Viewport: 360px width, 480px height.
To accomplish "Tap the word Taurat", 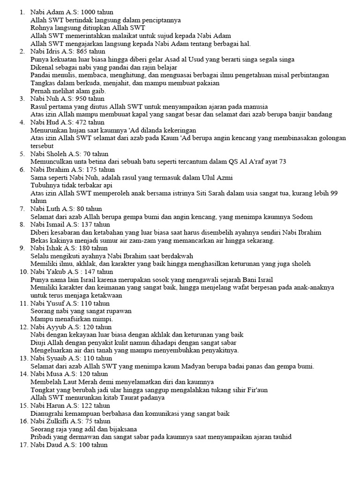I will pyautogui.click(x=120, y=398).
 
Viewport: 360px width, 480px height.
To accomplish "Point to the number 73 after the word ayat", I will pyautogui.click(x=282, y=162).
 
